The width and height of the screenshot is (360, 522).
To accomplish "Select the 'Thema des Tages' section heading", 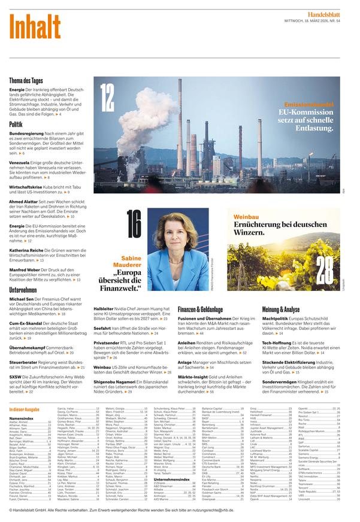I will pos(26,80).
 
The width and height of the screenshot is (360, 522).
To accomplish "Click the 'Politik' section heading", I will pos(16,124).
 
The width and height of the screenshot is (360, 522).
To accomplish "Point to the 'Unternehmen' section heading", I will pos(23,289).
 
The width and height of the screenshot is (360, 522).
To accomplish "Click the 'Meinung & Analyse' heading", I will pos(281,309).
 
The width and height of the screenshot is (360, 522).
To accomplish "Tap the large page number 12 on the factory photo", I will pos(107,96).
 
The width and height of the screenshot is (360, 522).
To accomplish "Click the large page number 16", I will pos(134,225).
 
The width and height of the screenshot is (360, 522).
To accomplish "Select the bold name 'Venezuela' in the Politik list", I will pos(20,163).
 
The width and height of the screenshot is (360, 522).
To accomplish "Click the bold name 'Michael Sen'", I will pos(22,298).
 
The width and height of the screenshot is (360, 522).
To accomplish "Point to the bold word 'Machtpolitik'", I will pos(276,318).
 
